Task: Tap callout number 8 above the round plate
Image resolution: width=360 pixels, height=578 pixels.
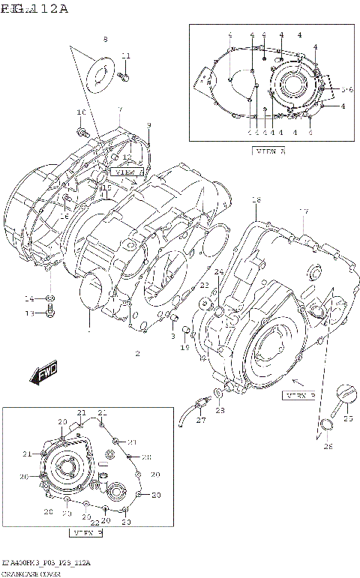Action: tap(105, 39)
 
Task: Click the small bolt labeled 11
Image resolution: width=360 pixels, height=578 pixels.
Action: tap(124, 74)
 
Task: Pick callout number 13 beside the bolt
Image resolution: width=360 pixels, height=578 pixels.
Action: tap(29, 313)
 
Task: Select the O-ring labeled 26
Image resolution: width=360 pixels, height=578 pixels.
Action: tap(325, 427)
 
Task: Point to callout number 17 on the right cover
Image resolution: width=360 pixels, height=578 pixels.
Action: tap(304, 211)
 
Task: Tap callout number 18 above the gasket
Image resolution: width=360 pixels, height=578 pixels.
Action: tap(256, 200)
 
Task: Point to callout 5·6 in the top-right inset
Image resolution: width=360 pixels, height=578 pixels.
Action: tap(346, 90)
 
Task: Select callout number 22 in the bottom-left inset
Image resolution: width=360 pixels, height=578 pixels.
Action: tap(94, 523)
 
